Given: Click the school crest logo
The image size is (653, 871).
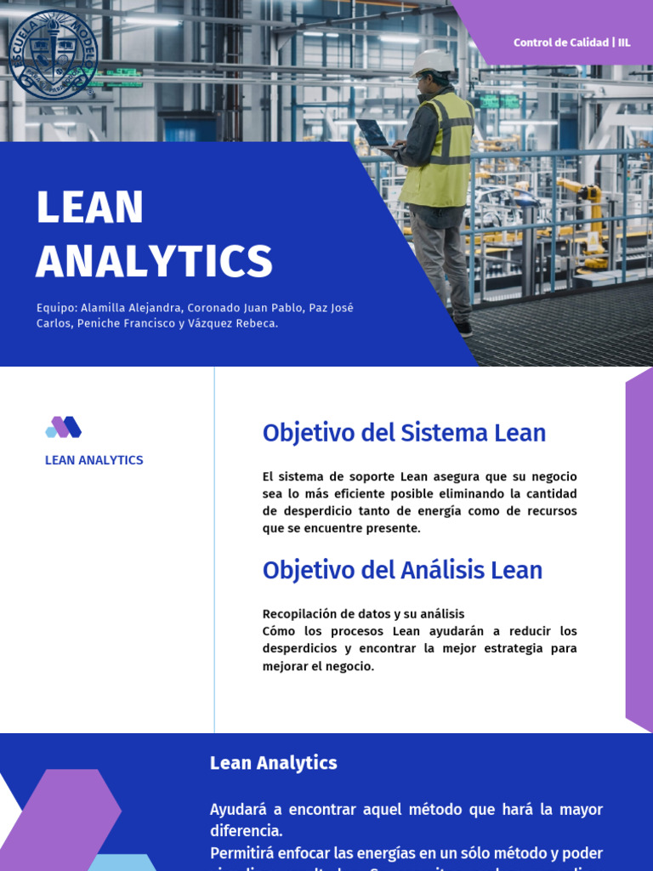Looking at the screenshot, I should click(x=53, y=55).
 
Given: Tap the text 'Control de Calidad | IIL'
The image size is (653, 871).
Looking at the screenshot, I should click(x=571, y=43).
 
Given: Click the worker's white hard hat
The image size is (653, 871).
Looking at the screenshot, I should click(x=433, y=62).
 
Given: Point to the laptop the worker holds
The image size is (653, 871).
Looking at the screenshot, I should click(x=373, y=133).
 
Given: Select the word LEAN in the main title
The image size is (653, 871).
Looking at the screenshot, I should click(x=90, y=208).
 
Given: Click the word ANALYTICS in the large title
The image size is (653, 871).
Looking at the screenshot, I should click(x=154, y=261).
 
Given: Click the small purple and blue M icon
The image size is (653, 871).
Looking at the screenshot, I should click(x=64, y=427).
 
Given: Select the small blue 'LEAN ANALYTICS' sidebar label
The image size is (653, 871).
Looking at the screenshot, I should click(x=94, y=460).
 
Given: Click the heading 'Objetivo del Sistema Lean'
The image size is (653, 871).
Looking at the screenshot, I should click(x=404, y=433).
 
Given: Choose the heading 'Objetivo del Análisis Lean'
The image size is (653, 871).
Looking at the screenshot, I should click(x=402, y=570).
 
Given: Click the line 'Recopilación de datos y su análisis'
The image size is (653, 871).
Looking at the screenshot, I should click(x=363, y=613).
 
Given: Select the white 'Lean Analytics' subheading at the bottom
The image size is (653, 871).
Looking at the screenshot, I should click(x=273, y=763).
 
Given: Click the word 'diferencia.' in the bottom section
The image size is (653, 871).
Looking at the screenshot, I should click(x=246, y=830).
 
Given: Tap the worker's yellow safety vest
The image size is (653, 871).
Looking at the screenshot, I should click(x=439, y=151).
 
